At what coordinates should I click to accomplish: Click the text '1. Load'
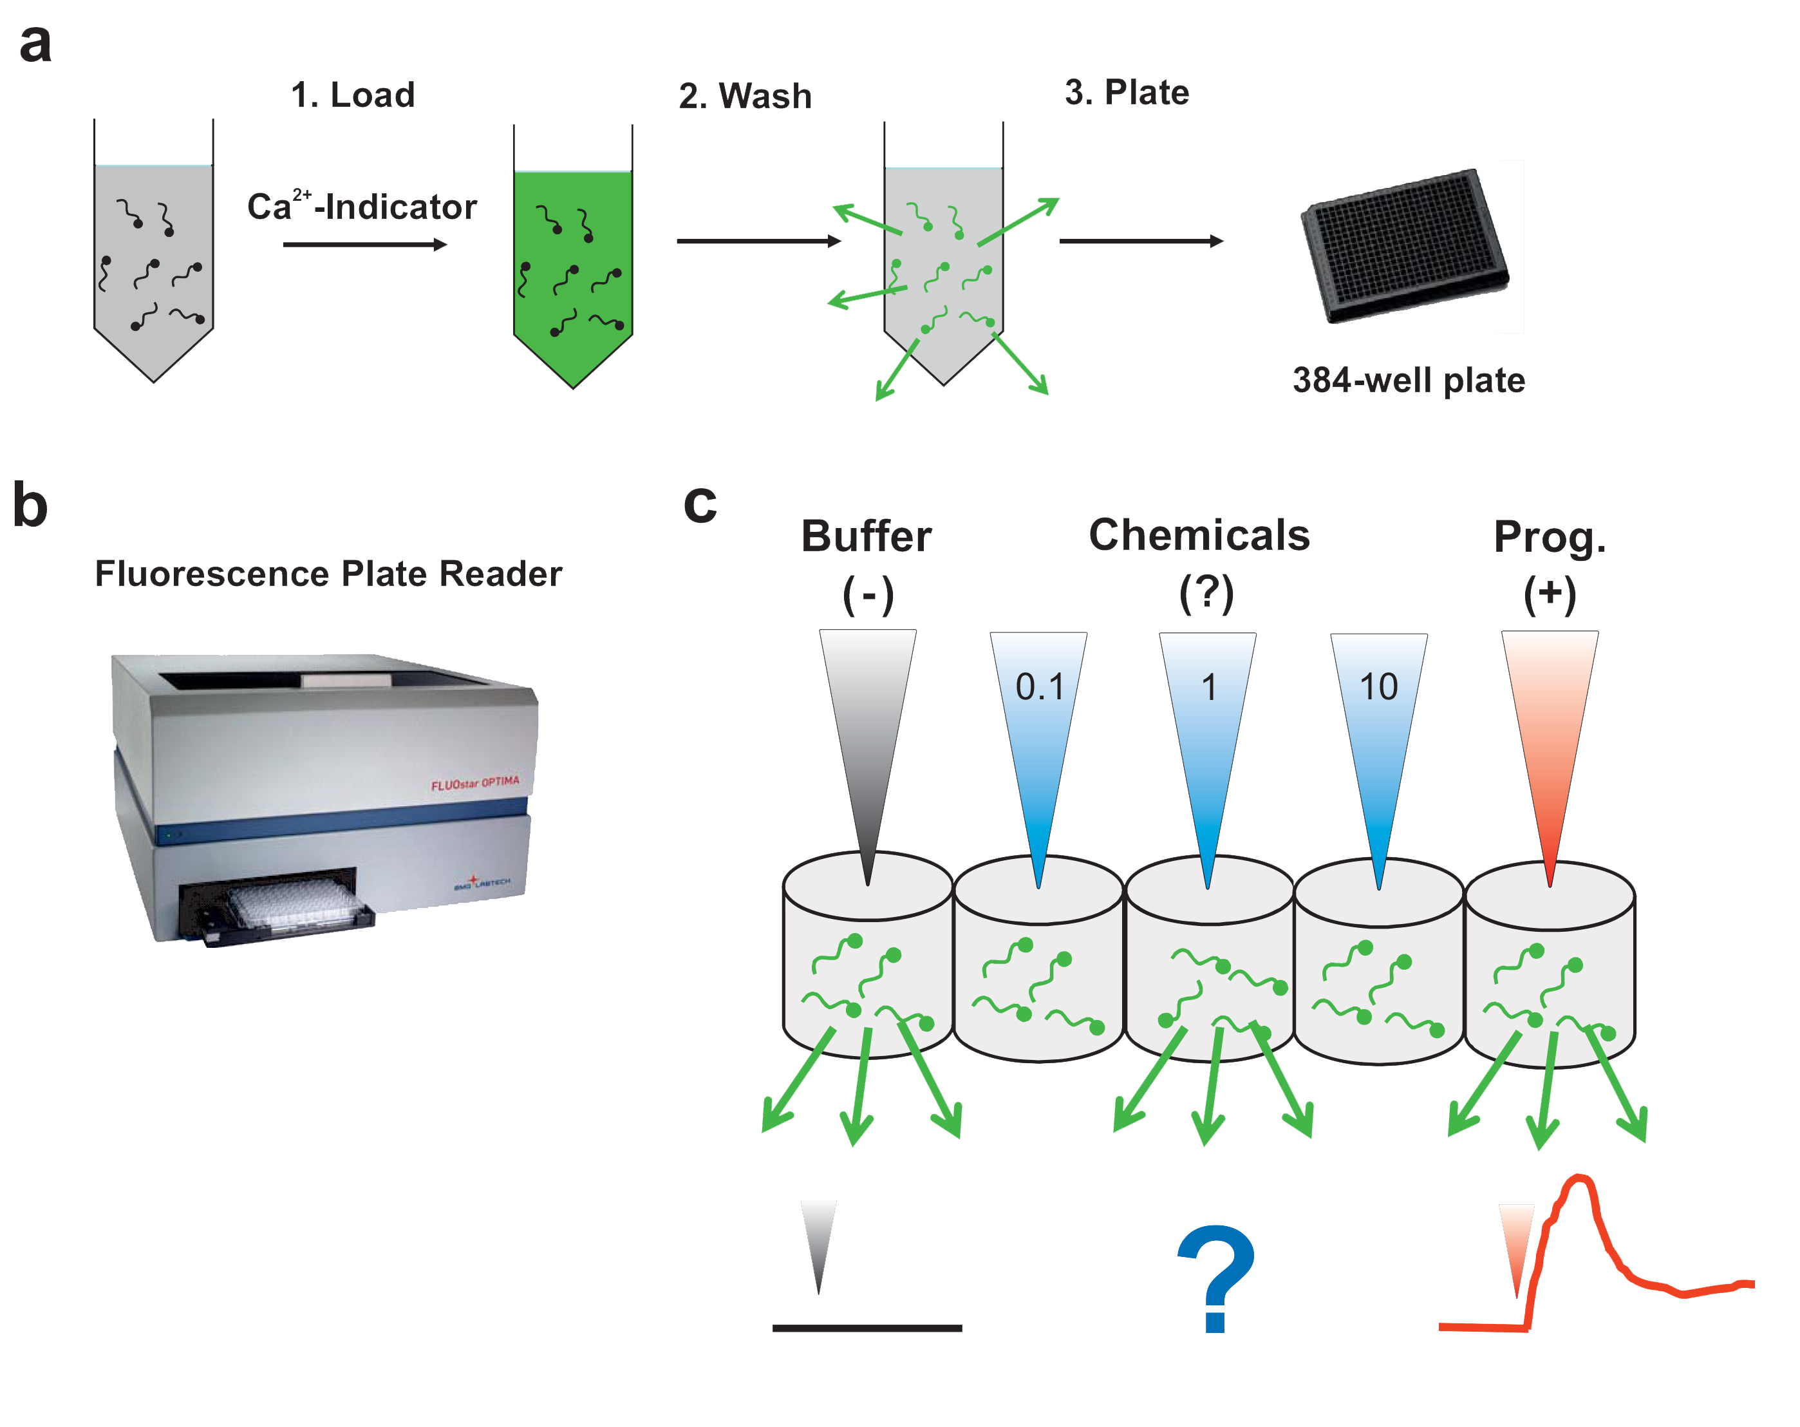click(x=352, y=95)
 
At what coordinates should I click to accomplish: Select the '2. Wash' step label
click(x=745, y=96)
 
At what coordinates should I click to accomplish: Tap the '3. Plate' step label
click(x=1126, y=93)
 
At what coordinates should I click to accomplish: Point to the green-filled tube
click(x=573, y=267)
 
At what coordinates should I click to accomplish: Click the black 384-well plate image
click(x=1404, y=245)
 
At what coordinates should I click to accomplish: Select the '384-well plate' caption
click(x=1409, y=381)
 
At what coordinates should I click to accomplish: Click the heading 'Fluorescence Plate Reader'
click(x=328, y=574)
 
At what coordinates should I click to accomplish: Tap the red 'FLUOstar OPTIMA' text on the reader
click(x=474, y=783)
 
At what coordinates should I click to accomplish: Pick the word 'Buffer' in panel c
click(x=866, y=537)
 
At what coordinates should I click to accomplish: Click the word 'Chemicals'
click(x=1199, y=535)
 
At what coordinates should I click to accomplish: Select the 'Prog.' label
click(x=1550, y=537)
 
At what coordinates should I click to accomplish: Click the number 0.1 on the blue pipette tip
click(x=1040, y=687)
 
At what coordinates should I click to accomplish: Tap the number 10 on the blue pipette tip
click(x=1378, y=687)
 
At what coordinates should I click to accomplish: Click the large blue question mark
click(x=1215, y=1278)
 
